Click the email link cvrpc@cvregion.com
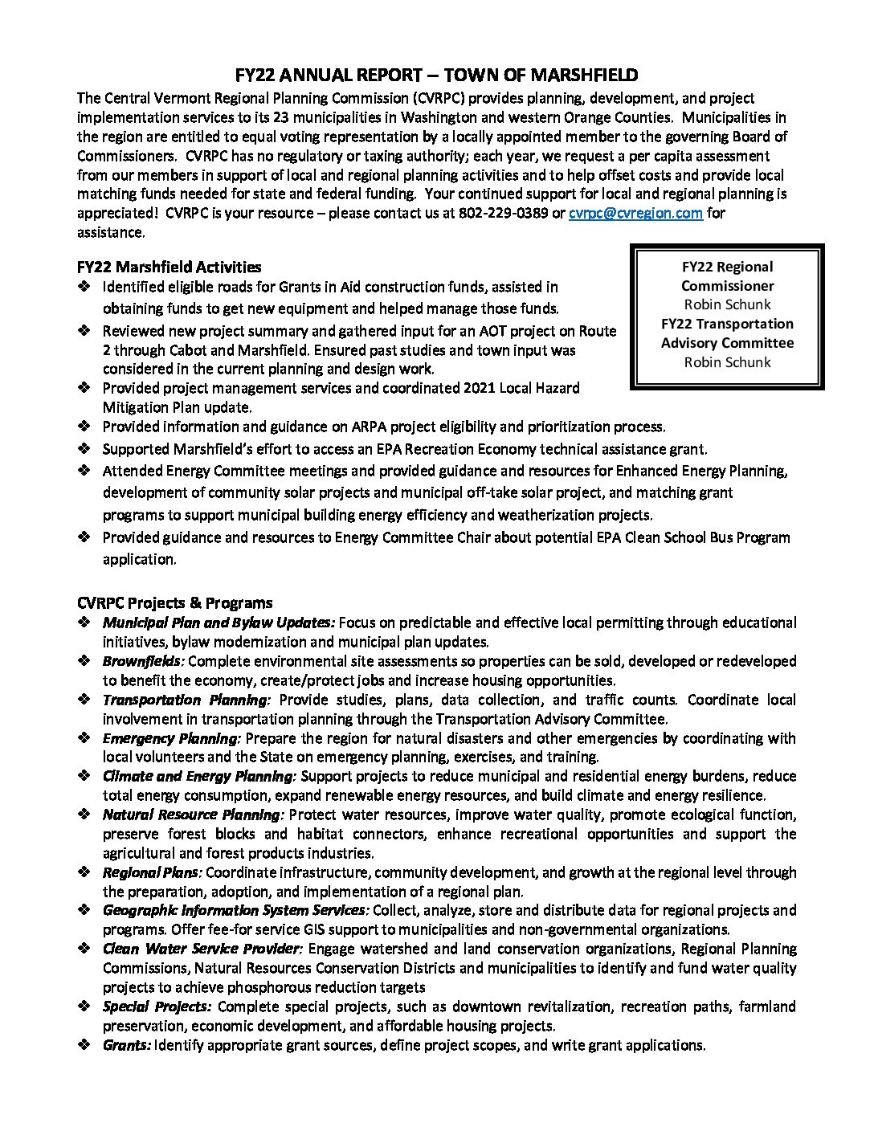(x=635, y=214)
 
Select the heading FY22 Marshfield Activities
(x=169, y=267)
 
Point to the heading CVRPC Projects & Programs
(x=174, y=602)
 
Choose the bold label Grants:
(x=126, y=1045)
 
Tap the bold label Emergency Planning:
(x=171, y=738)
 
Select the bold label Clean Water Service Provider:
(x=202, y=949)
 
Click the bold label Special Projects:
(x=157, y=1006)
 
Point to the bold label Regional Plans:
(x=152, y=872)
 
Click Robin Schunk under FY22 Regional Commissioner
(x=727, y=304)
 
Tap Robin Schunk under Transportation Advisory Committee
(x=727, y=362)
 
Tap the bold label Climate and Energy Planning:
(x=199, y=776)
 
